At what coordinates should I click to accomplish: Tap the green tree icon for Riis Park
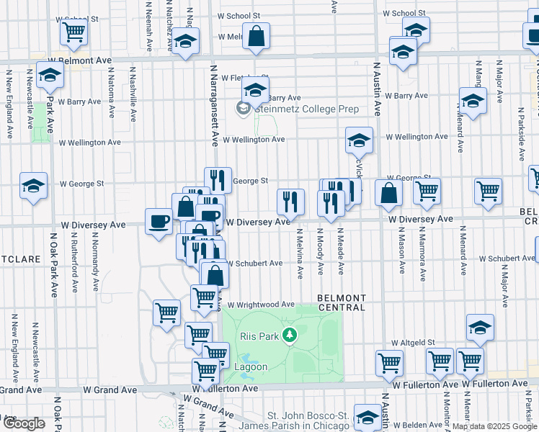coord(289,335)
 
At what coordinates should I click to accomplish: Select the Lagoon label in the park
coord(250,367)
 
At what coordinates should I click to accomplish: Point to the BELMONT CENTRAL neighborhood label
coord(342,302)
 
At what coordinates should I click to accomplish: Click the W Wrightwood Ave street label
coord(263,305)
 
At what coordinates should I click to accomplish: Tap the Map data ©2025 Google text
coord(494,426)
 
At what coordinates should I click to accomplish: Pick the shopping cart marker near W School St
coord(73,31)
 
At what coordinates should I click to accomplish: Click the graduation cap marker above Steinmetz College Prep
coord(254,91)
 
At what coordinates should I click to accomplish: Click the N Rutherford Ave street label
coord(74,264)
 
